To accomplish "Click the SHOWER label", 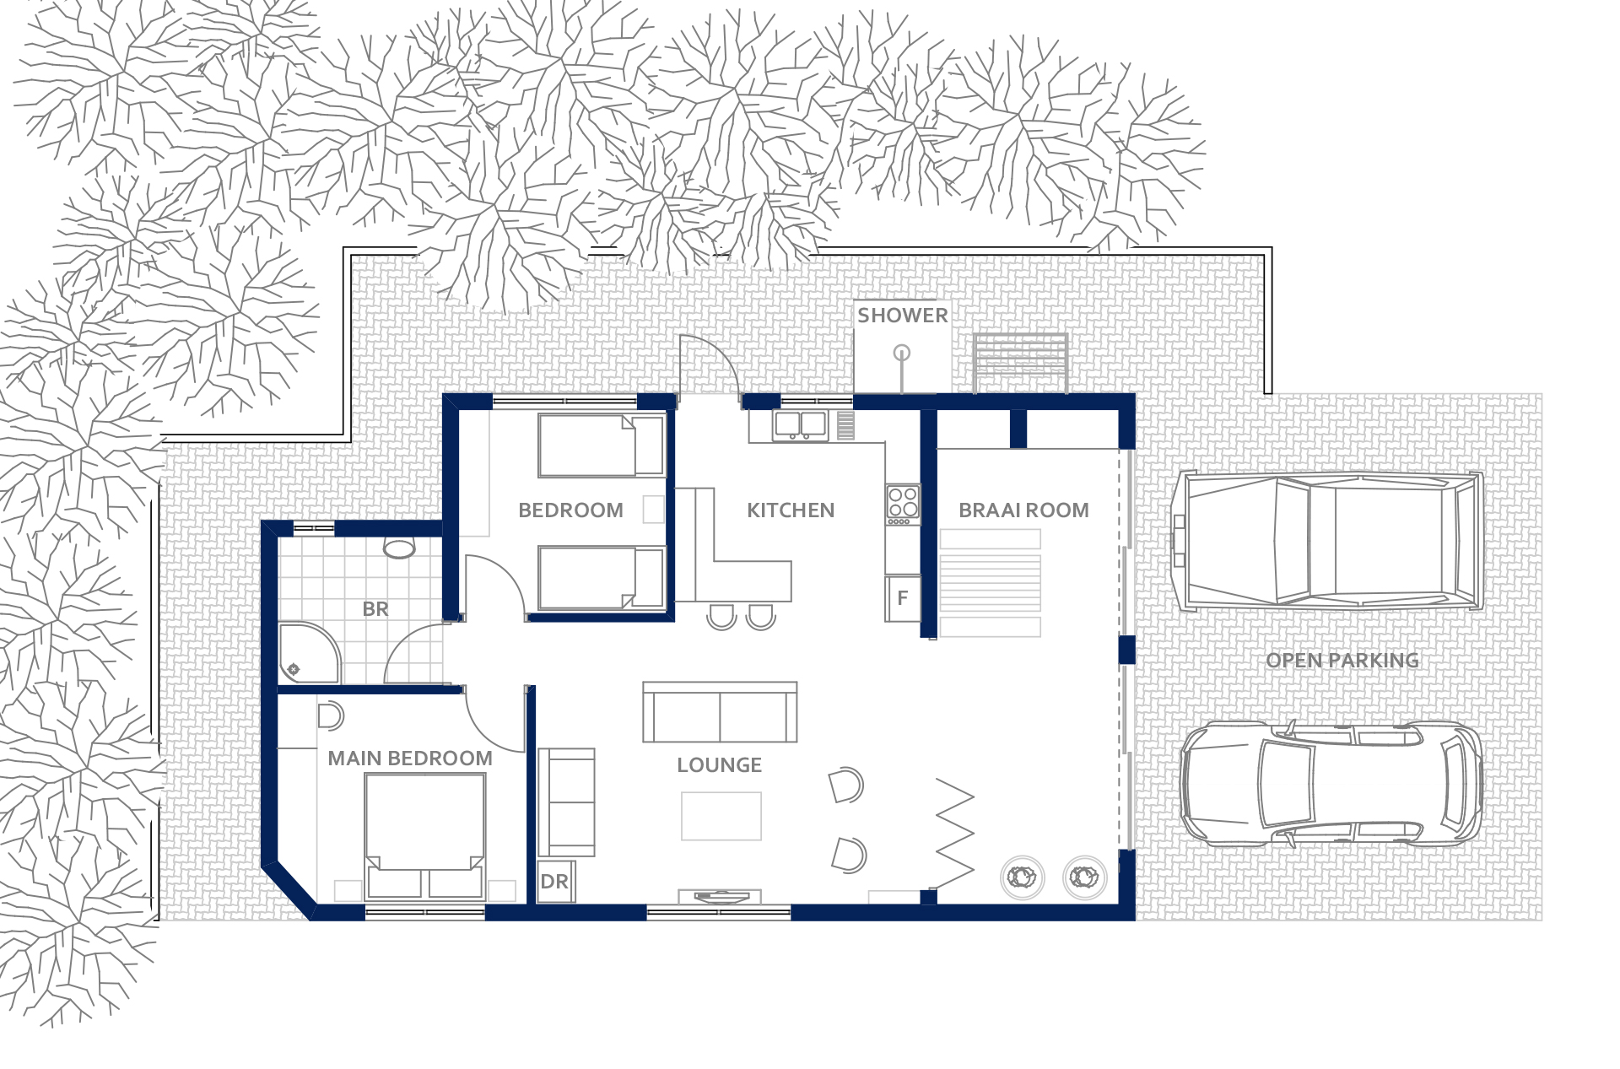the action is click(x=902, y=316).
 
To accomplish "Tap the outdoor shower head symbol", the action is click(x=902, y=353).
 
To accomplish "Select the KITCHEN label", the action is click(x=791, y=510).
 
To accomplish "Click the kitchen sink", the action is click(x=800, y=424).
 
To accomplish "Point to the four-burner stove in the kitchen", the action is click(x=903, y=504).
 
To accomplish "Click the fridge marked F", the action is click(x=903, y=598).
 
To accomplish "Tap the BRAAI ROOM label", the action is click(x=1023, y=510).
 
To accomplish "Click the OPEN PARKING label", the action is click(x=1342, y=661).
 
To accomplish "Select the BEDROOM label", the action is click(x=570, y=510).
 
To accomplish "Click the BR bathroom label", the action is click(x=375, y=609).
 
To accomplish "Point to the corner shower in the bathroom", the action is click(x=309, y=653).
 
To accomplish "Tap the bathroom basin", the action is click(x=399, y=548).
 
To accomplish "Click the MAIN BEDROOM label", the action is click(x=410, y=759).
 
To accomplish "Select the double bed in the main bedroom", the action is click(x=425, y=836).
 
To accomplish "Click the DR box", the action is click(x=555, y=882).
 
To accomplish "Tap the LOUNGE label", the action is click(x=720, y=765).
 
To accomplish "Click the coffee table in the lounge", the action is click(x=721, y=816).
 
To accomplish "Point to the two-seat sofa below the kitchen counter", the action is click(x=720, y=712).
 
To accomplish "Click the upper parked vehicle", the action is click(x=1327, y=542).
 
